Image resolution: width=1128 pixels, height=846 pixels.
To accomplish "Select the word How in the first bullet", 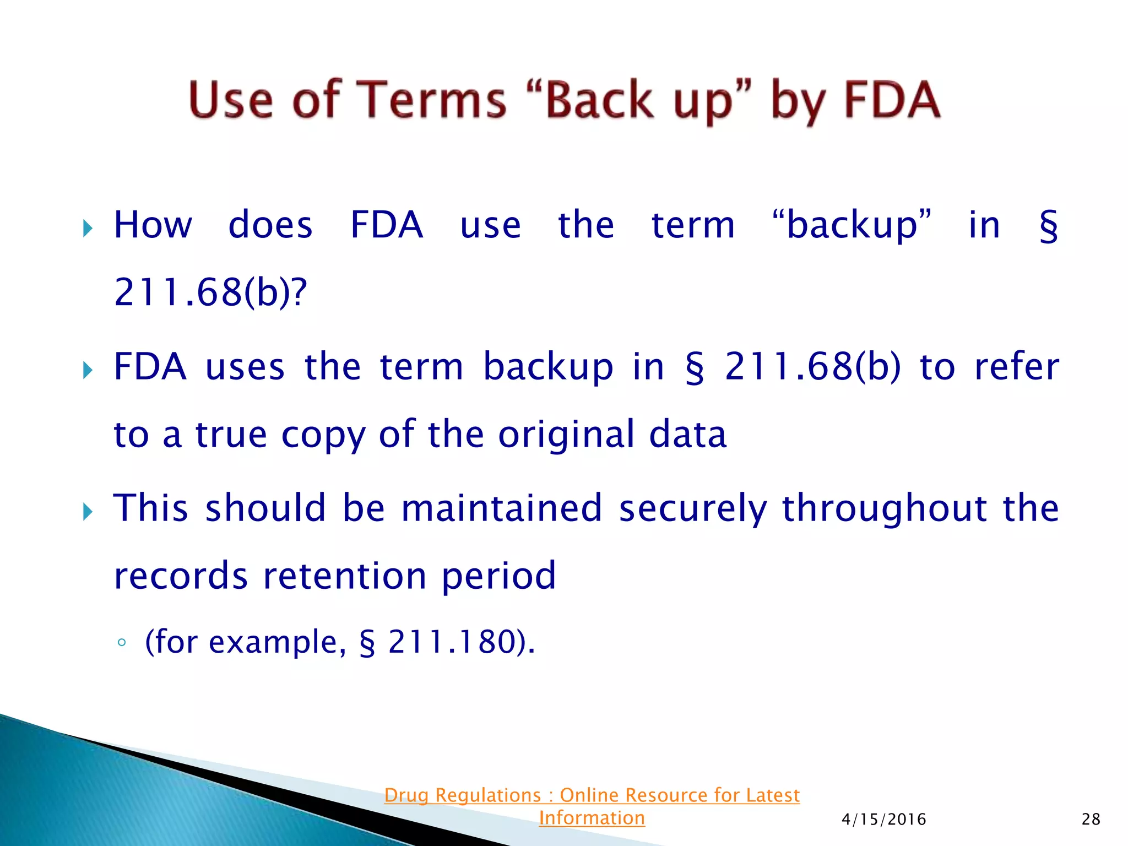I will click(153, 225).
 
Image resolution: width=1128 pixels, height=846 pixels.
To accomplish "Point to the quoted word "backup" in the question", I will click(852, 225).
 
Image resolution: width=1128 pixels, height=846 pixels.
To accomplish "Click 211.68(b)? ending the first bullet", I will click(210, 292).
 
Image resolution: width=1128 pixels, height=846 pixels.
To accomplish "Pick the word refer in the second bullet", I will click(1017, 367).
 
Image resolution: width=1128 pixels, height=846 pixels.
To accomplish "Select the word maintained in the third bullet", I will click(501, 508).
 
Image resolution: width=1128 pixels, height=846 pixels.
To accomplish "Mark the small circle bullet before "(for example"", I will click(122, 643).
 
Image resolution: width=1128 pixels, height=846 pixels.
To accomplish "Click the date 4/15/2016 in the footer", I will click(883, 820).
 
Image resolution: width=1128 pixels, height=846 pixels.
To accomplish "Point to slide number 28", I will click(1091, 820).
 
